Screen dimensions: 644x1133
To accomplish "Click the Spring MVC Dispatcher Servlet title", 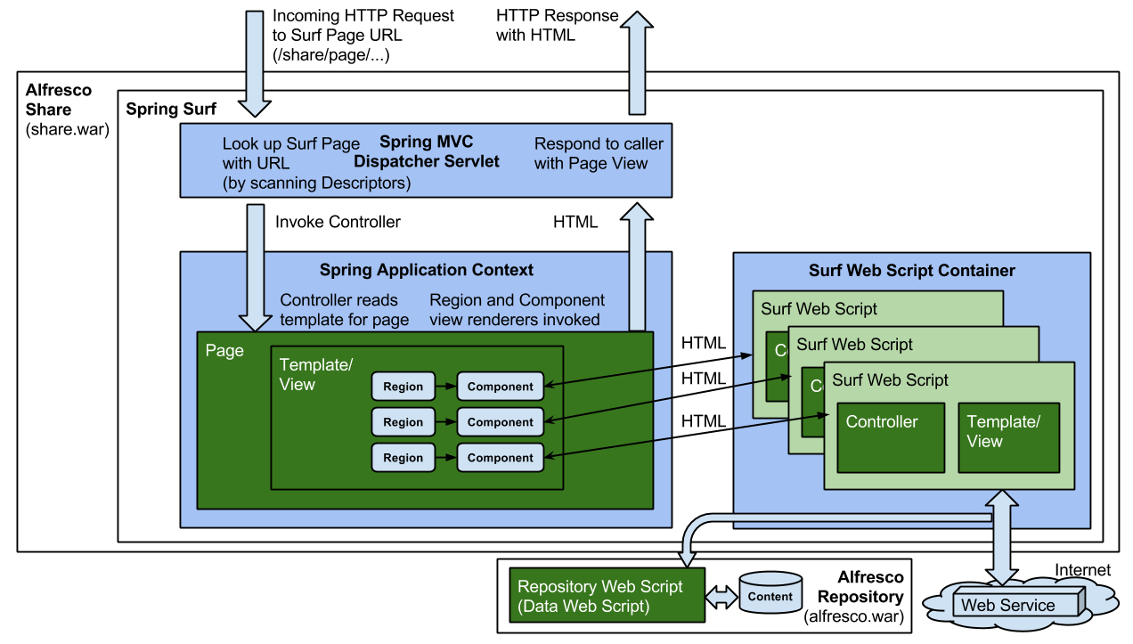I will coord(426,151).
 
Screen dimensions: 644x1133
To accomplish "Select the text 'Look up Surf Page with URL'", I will coord(291,153).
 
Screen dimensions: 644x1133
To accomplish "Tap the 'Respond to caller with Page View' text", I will coord(599,153).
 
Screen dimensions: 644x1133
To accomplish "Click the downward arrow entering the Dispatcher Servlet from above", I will coord(255,62).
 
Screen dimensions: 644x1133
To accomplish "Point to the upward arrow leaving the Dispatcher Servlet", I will coord(637,62).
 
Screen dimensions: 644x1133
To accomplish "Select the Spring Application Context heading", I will coord(426,270).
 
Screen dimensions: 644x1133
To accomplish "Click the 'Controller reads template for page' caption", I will coord(344,310).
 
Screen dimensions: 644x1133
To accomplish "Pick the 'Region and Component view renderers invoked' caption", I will coord(517,310).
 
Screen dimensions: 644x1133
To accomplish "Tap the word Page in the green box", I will coord(224,351).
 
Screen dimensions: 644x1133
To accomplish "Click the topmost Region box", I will coord(403,387).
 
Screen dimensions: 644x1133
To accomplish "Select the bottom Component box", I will coord(500,458).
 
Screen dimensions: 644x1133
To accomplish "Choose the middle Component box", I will coord(500,422).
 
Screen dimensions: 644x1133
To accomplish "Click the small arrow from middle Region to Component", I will coord(445,422).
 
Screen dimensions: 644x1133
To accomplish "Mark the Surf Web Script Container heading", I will coord(911,270).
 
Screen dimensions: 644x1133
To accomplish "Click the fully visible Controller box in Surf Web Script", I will coord(890,436).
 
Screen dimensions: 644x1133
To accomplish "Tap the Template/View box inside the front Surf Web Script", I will coord(1008,436).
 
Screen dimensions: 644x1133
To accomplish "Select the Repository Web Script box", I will coord(607,596).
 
